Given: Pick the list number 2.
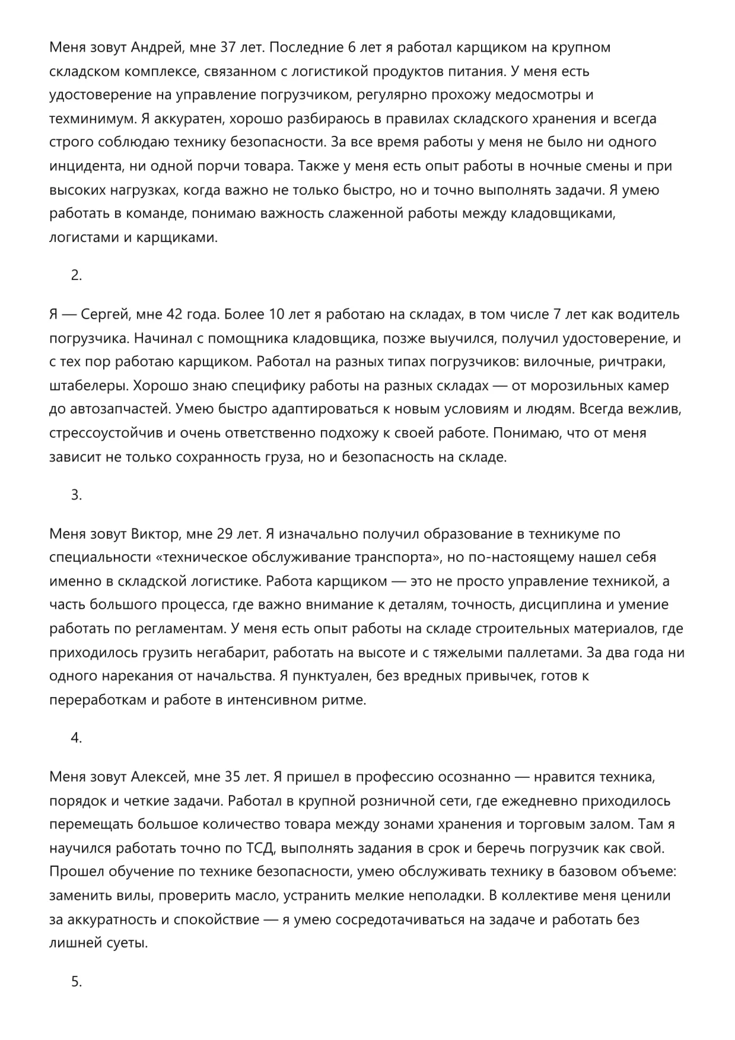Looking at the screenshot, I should tap(76, 275).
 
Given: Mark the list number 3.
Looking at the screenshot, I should tap(76, 495).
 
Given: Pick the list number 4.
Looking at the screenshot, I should tap(76, 738).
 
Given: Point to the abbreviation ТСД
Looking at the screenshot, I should tap(260, 848).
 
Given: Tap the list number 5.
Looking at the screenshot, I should tap(76, 981).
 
